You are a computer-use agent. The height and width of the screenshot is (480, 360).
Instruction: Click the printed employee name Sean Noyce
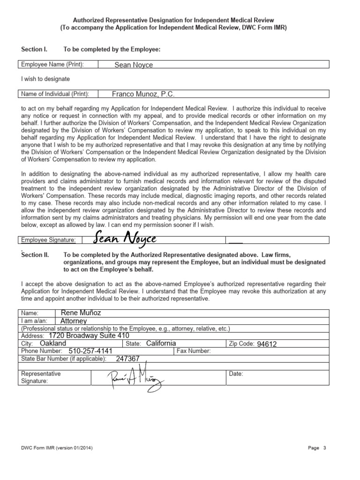(x=134, y=65)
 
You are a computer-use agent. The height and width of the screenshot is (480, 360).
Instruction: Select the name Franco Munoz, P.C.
(x=143, y=94)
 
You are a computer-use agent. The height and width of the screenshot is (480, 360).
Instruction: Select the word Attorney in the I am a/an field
(x=74, y=321)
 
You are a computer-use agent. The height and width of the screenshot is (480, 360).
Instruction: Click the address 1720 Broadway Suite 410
(x=88, y=336)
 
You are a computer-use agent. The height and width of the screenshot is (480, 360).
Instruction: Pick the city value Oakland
(x=53, y=343)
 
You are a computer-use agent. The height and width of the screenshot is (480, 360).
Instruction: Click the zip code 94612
(x=267, y=344)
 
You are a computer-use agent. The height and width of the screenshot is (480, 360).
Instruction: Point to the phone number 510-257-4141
(x=90, y=351)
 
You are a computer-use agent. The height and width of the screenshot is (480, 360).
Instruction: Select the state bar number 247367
(x=127, y=358)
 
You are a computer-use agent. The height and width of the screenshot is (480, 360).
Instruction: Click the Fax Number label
(x=194, y=351)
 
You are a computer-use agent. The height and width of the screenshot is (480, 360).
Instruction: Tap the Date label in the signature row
(x=236, y=374)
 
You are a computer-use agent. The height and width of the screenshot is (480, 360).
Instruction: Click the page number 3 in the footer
(x=324, y=448)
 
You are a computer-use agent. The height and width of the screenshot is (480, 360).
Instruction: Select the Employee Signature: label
(x=48, y=240)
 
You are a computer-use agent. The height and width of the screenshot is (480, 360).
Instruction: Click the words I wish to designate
(x=45, y=79)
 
